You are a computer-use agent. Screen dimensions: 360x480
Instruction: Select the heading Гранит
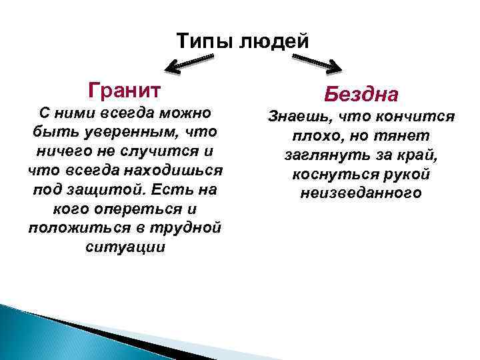point(125,89)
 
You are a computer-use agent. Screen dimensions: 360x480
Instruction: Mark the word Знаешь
point(299,117)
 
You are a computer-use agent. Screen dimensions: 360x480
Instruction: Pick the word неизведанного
point(361,194)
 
